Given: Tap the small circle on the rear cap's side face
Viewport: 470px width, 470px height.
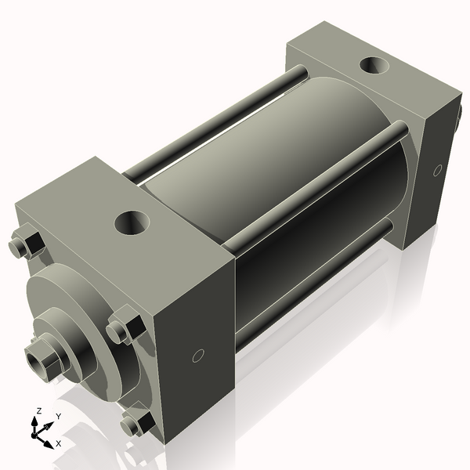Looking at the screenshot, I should point(437,170).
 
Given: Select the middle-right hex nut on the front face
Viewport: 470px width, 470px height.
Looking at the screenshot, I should point(124,327).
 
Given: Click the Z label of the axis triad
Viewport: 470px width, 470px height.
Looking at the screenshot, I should point(38,411).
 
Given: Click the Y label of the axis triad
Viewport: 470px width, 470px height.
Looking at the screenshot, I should point(58,416).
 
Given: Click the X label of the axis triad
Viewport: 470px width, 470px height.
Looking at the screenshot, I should point(59,443).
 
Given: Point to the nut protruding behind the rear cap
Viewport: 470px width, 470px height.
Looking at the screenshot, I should point(457,119).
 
